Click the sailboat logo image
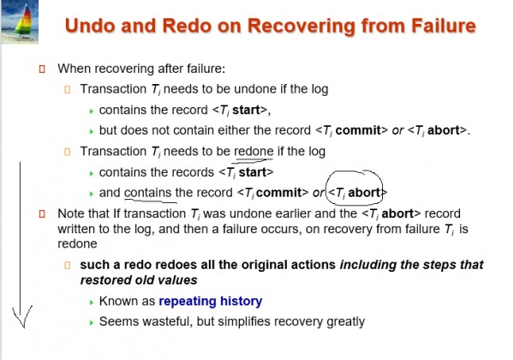coord(20,21)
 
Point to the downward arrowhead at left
coord(22,316)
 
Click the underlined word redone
coord(254,152)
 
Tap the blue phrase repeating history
coord(211,302)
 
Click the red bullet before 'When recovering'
coord(42,69)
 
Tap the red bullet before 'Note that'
coord(42,213)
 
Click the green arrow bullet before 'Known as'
coord(92,303)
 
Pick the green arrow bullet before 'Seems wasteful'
coord(92,322)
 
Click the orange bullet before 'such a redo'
coord(68,265)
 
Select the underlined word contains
coord(148,193)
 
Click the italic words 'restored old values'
coord(139,280)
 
